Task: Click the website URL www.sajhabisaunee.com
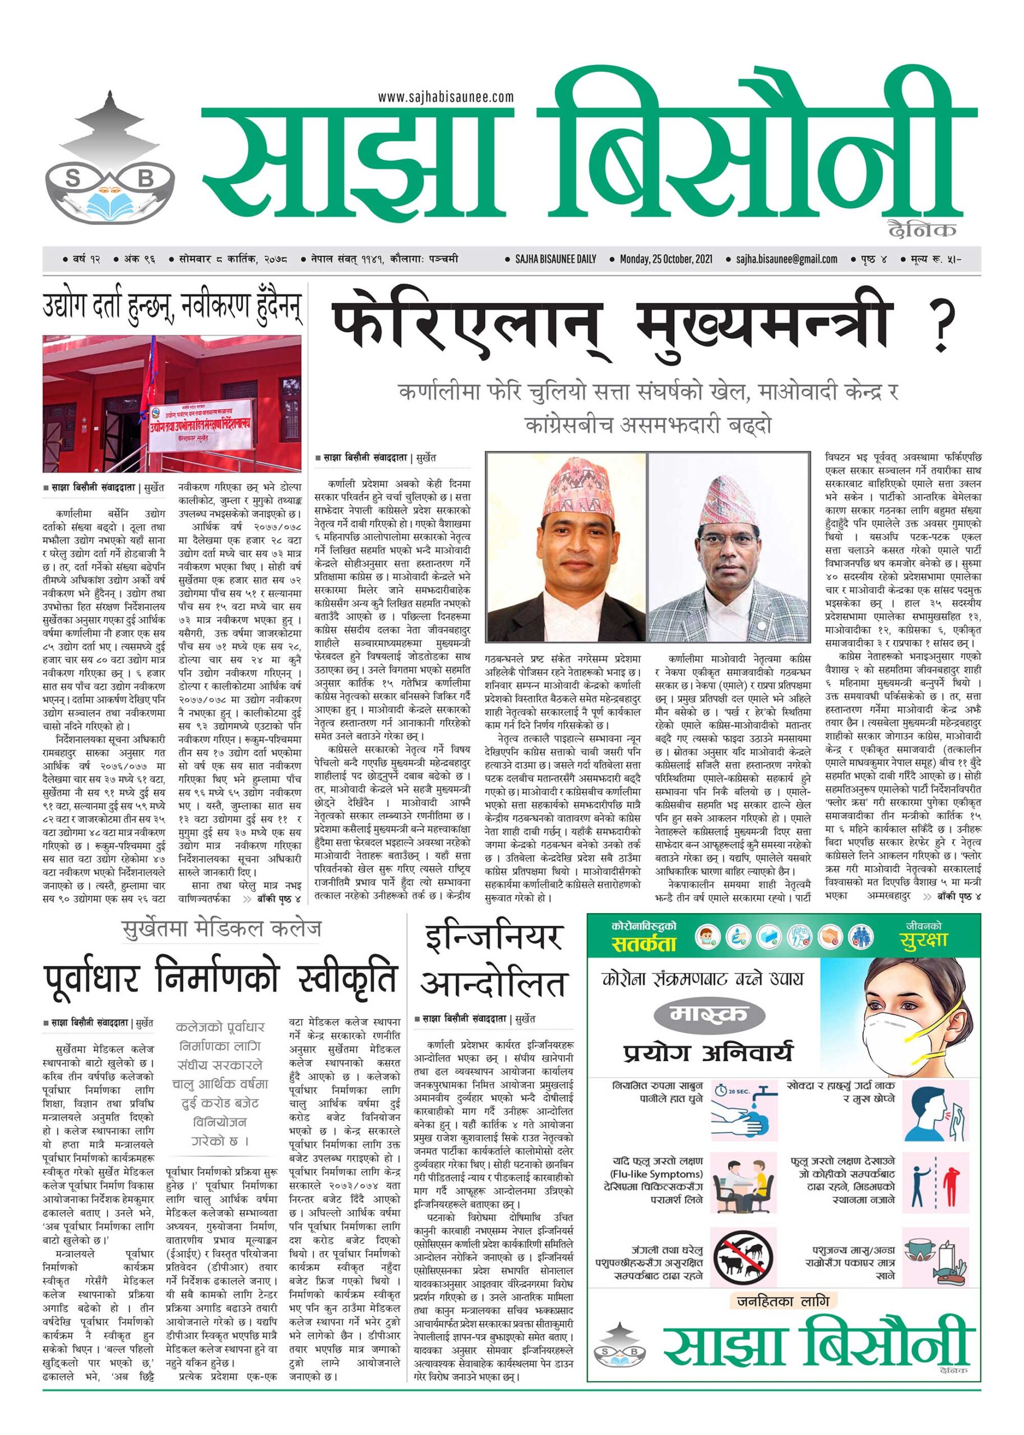446,97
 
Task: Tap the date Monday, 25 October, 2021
668,258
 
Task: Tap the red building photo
171,404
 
